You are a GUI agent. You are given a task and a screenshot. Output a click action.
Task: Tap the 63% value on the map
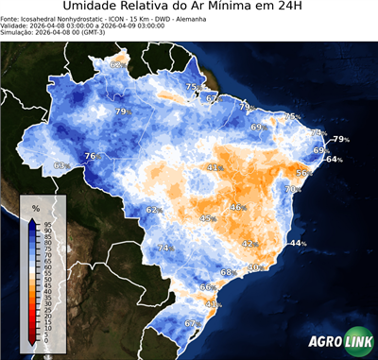point(61,166)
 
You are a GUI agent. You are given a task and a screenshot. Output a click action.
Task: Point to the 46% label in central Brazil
point(238,208)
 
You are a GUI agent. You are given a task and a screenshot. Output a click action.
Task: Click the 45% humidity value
point(208,218)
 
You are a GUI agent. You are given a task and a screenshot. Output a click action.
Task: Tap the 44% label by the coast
point(299,244)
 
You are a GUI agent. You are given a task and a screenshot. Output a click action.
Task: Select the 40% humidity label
point(254,267)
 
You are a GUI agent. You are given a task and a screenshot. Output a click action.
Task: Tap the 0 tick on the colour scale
point(47,341)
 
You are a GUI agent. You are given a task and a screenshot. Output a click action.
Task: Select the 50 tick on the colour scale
point(47,279)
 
